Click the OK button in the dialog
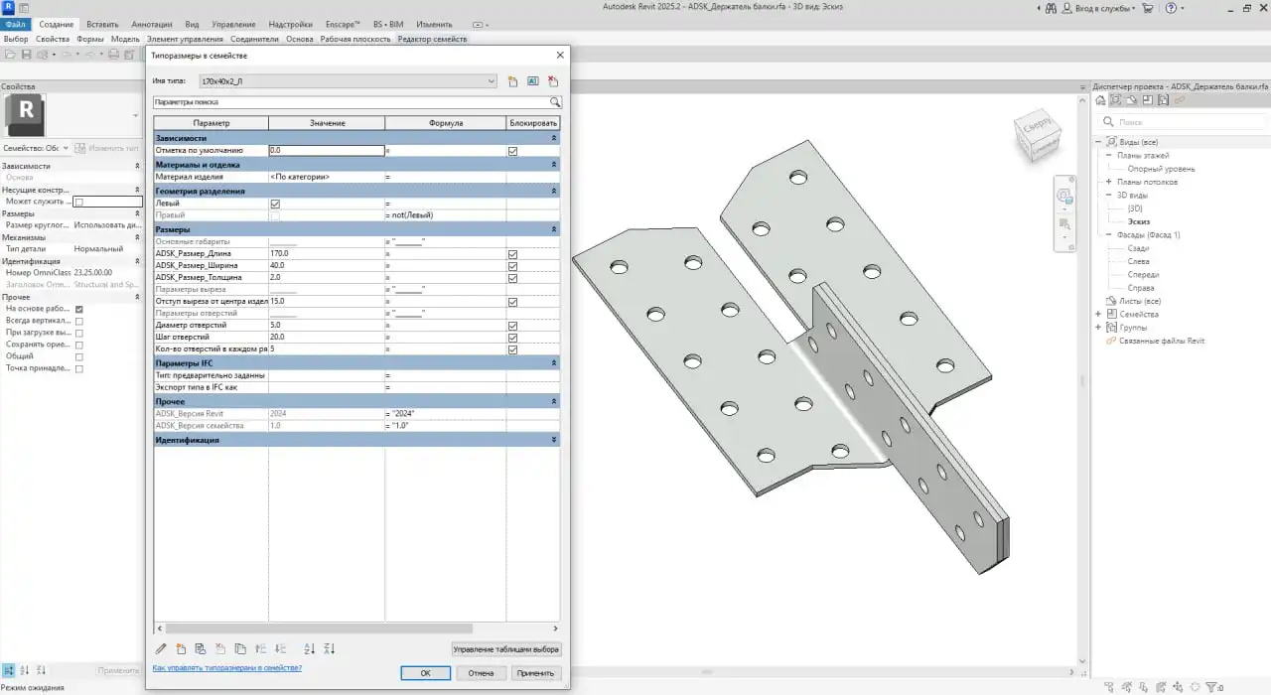[x=425, y=673]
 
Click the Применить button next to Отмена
[x=535, y=673]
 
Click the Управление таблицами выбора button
[x=506, y=649]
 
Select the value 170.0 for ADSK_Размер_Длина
[x=326, y=254]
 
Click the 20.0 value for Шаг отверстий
[x=326, y=337]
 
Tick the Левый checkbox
[x=275, y=204]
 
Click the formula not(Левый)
[x=445, y=215]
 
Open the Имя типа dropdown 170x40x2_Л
[x=348, y=81]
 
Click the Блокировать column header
[x=533, y=123]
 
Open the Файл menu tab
[x=16, y=24]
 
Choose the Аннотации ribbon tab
[x=152, y=24]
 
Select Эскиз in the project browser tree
[x=1139, y=222]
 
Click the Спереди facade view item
[x=1143, y=275]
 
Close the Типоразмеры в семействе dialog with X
[x=560, y=56]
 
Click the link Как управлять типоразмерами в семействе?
[x=226, y=668]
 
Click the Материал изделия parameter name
[x=189, y=177]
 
